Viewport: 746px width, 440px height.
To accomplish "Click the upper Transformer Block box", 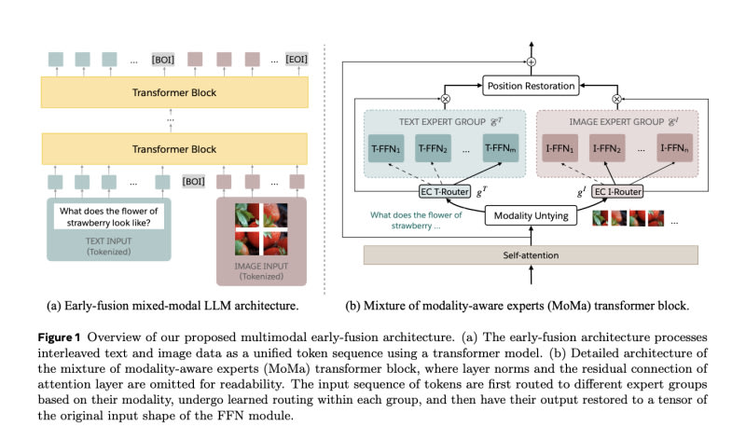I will click(175, 92).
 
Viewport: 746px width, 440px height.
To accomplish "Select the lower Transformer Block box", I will click(175, 149).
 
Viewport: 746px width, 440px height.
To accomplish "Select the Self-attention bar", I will click(530, 254).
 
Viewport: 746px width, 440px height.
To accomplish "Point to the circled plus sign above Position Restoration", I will click(530, 61).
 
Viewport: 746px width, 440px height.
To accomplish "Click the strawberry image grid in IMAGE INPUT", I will click(262, 230).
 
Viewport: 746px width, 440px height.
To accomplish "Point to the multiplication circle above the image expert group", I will click(616, 98).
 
